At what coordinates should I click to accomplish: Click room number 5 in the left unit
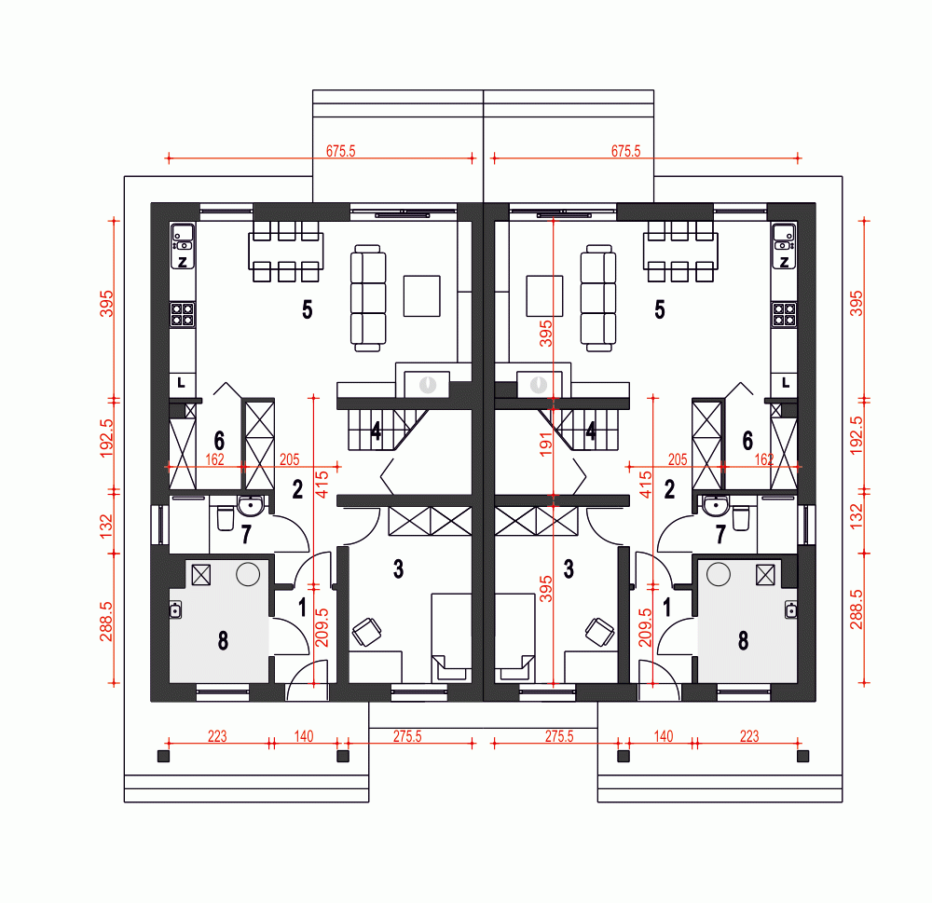point(307,310)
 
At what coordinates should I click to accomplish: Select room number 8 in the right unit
point(743,640)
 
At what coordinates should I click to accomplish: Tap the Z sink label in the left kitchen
point(183,262)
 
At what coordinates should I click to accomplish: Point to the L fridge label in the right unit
point(786,382)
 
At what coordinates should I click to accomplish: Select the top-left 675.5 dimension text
point(340,150)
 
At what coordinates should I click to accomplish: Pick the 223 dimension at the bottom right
point(748,736)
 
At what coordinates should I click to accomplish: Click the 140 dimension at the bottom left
point(304,736)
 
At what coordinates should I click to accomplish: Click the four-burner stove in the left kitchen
point(183,314)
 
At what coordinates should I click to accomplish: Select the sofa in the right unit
point(597,298)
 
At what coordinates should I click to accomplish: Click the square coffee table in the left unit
point(421,296)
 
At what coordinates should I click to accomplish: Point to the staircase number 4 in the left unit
point(376,431)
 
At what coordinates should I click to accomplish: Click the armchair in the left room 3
point(366,632)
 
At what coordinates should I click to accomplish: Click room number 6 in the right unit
point(747,441)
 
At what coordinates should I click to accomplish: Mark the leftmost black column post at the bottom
point(163,756)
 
